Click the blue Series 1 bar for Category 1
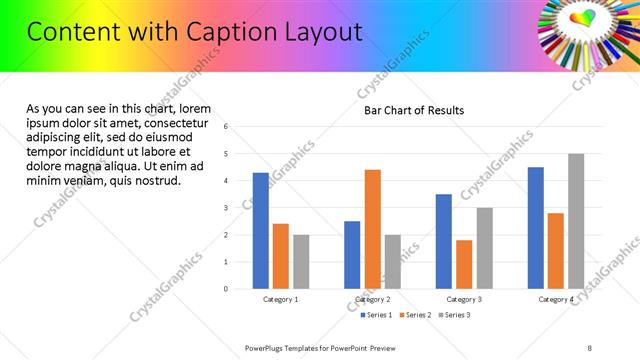pyautogui.click(x=261, y=231)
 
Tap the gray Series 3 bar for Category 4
pyautogui.click(x=576, y=221)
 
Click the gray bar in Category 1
pyautogui.click(x=301, y=262)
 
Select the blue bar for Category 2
pyautogui.click(x=352, y=255)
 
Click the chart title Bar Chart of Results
pyautogui.click(x=414, y=110)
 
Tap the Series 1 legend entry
pyautogui.click(x=376, y=315)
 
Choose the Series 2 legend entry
pyautogui.click(x=414, y=315)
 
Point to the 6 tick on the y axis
pyautogui.click(x=227, y=127)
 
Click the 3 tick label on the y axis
pyautogui.click(x=227, y=208)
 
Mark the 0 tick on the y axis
pyautogui.click(x=227, y=289)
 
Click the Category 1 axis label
pyautogui.click(x=281, y=299)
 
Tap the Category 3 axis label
pyautogui.click(x=464, y=299)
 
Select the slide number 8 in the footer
pyautogui.click(x=590, y=347)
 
